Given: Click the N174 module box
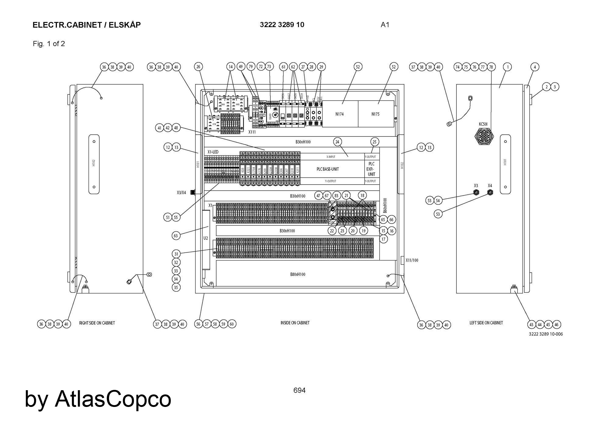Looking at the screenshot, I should tap(340, 114).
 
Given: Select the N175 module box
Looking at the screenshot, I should tap(375, 114).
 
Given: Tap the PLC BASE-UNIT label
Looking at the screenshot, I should tap(328, 169).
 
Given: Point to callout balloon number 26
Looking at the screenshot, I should tap(198, 67).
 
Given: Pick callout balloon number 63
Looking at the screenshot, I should tap(176, 235).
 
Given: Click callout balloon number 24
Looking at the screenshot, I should tap(337, 142).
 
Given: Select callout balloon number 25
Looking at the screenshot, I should tap(375, 142).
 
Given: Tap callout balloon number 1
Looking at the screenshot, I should tap(507, 67).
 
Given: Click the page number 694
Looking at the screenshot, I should tap(299, 390).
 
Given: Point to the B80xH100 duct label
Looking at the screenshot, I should tap(297, 274).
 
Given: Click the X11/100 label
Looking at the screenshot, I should tap(412, 260).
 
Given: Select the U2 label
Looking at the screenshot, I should tap(206, 238).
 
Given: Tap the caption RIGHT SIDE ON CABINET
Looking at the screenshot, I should tap(97, 323).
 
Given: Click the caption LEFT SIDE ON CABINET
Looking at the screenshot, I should tap(486, 323).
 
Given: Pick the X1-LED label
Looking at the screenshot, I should tap(213, 152).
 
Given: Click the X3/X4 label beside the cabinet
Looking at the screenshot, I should tap(181, 193).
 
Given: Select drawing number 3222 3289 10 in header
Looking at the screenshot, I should tap(282, 25).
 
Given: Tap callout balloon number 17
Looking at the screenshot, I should tap(383, 239).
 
